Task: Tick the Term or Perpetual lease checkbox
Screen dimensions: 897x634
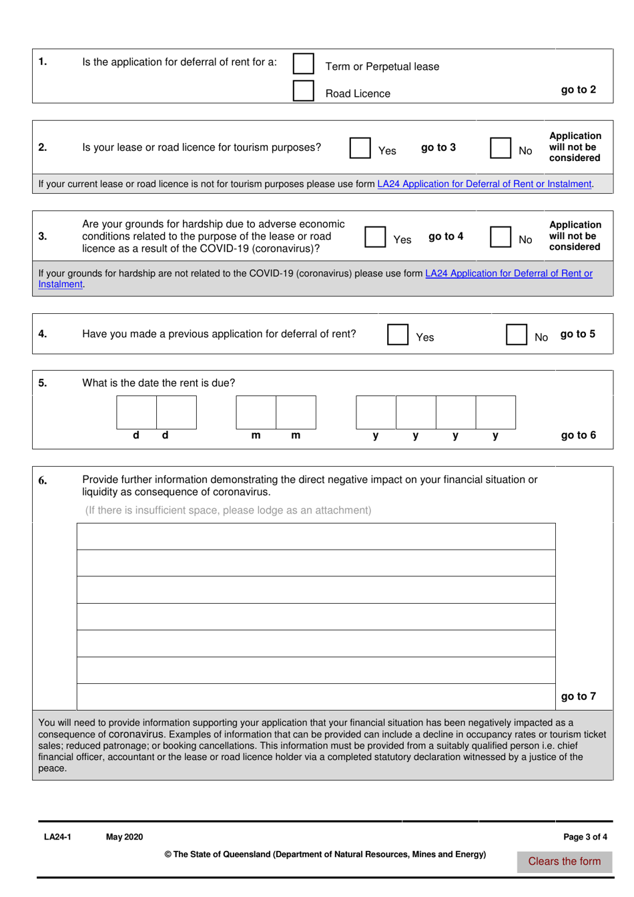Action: (x=304, y=63)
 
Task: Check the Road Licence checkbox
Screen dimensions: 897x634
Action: (x=304, y=91)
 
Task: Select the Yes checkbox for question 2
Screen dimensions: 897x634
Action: (x=360, y=148)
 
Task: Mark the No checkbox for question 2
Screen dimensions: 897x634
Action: (x=501, y=148)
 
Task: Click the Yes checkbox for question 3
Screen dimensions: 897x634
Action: (x=375, y=236)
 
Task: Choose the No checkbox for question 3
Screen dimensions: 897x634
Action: (x=501, y=236)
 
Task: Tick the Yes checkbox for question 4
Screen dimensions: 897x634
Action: (x=398, y=334)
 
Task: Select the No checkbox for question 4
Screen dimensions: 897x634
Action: (x=517, y=334)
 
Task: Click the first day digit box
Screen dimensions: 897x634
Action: (x=137, y=412)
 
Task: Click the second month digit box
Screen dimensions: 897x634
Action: (x=296, y=412)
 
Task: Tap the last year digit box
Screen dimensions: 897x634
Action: (x=495, y=412)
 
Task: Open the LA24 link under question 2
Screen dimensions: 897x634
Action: (x=485, y=184)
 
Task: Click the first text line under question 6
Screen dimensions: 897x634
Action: (x=316, y=536)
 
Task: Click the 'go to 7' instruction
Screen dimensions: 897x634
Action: (x=578, y=696)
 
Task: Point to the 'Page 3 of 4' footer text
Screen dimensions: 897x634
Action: (x=585, y=837)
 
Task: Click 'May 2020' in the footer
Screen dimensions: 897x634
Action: (x=124, y=837)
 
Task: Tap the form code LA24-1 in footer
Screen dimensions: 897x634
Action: (x=57, y=837)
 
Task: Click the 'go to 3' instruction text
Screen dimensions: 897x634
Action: (x=438, y=148)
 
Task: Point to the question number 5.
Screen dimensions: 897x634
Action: (x=43, y=383)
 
